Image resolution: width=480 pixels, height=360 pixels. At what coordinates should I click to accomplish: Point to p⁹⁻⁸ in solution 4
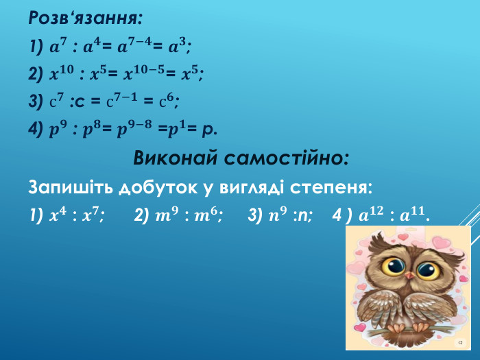coord(137,128)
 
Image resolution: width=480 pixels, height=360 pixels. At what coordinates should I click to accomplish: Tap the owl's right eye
coord(426,267)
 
